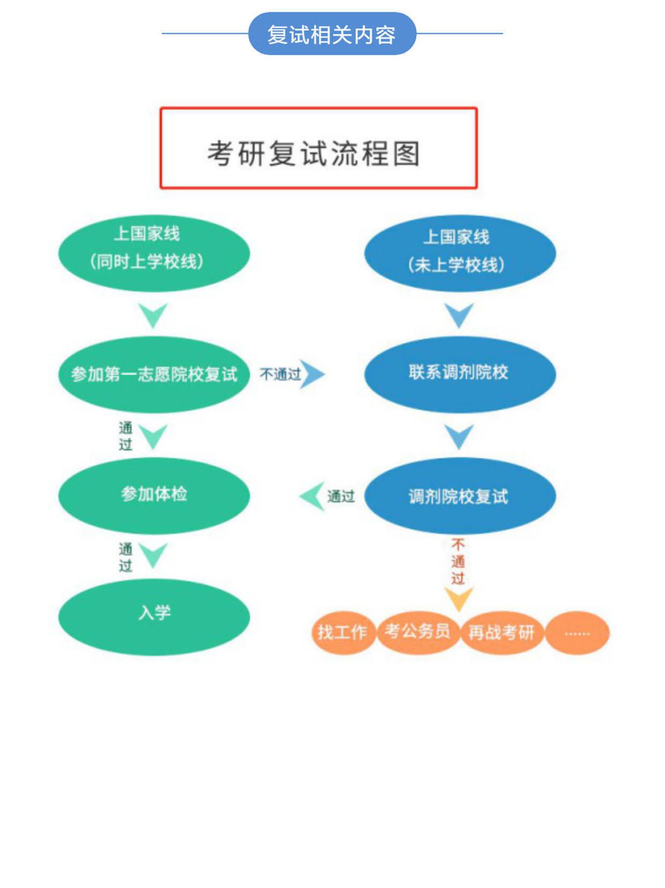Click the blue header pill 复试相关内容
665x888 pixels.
(x=332, y=34)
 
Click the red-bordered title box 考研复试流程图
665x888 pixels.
(x=319, y=148)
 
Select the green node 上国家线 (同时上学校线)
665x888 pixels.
(x=154, y=253)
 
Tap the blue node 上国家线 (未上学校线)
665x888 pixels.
(x=460, y=253)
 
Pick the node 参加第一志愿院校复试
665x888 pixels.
(x=154, y=374)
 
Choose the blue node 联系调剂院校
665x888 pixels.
(x=460, y=374)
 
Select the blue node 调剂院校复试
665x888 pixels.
(x=460, y=496)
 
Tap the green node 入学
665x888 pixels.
(x=154, y=616)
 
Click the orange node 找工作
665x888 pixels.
(x=343, y=633)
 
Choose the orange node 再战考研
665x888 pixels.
(x=501, y=633)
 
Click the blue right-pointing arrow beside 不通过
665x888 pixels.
(x=313, y=374)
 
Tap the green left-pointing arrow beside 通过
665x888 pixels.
(x=312, y=496)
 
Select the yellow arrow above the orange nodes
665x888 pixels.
(x=459, y=598)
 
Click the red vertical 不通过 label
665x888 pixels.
(x=458, y=562)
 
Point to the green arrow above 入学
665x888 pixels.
(x=153, y=555)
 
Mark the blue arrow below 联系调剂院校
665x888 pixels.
(x=460, y=436)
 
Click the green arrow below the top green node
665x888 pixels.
(x=153, y=315)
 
